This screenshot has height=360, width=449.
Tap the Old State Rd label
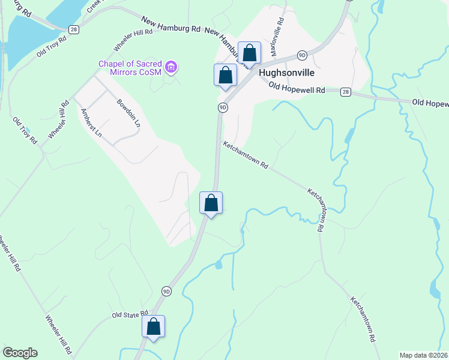point(130,314)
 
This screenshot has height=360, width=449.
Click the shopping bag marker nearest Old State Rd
point(153,326)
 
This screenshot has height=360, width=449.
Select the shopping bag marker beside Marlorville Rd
point(249,53)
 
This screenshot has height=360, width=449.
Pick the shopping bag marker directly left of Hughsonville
point(225,75)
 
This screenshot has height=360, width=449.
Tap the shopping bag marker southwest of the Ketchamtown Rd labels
point(211,203)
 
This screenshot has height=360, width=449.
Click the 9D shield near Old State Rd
point(166,291)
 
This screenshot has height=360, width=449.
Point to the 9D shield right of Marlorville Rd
point(302,55)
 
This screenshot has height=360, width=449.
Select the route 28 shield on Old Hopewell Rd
point(345,91)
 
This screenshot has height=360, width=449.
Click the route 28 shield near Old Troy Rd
point(73,29)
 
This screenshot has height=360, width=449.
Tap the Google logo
point(19,353)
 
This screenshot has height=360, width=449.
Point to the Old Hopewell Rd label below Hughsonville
point(297,88)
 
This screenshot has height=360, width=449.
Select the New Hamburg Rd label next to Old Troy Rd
point(172,27)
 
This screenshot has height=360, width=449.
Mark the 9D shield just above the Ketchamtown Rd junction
point(222,107)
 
